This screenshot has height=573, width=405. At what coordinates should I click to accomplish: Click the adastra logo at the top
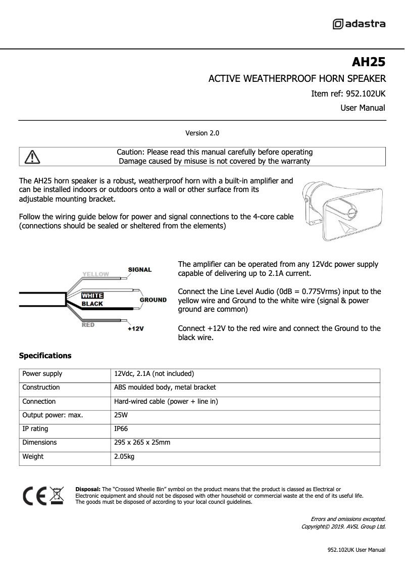pyautogui.click(x=359, y=24)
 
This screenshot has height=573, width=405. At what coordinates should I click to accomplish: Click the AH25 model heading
pyautogui.click(x=368, y=62)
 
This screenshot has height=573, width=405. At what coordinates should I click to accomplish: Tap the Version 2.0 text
pyautogui.click(x=202, y=133)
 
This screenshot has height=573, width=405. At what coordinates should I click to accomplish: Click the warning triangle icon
pyautogui.click(x=32, y=157)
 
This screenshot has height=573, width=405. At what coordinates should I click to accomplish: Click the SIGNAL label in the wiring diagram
pyautogui.click(x=140, y=270)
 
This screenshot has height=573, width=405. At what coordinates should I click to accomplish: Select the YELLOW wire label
pyautogui.click(x=96, y=274)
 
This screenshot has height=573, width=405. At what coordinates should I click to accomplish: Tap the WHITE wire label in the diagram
pyautogui.click(x=92, y=296)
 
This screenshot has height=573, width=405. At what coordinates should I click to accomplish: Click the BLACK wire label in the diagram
pyautogui.click(x=92, y=304)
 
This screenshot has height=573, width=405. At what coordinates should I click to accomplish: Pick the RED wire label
pyautogui.click(x=88, y=325)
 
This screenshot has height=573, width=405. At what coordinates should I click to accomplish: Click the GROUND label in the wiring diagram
pyautogui.click(x=153, y=300)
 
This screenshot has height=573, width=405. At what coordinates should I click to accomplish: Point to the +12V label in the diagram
pyautogui.click(x=136, y=329)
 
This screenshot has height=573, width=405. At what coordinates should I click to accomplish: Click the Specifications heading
pyautogui.click(x=45, y=356)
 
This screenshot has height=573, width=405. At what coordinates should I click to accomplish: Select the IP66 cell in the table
pyautogui.click(x=122, y=429)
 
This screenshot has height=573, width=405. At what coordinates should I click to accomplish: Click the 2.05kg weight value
pyautogui.click(x=124, y=457)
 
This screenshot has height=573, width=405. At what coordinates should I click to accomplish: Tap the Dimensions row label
pyautogui.click(x=39, y=443)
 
